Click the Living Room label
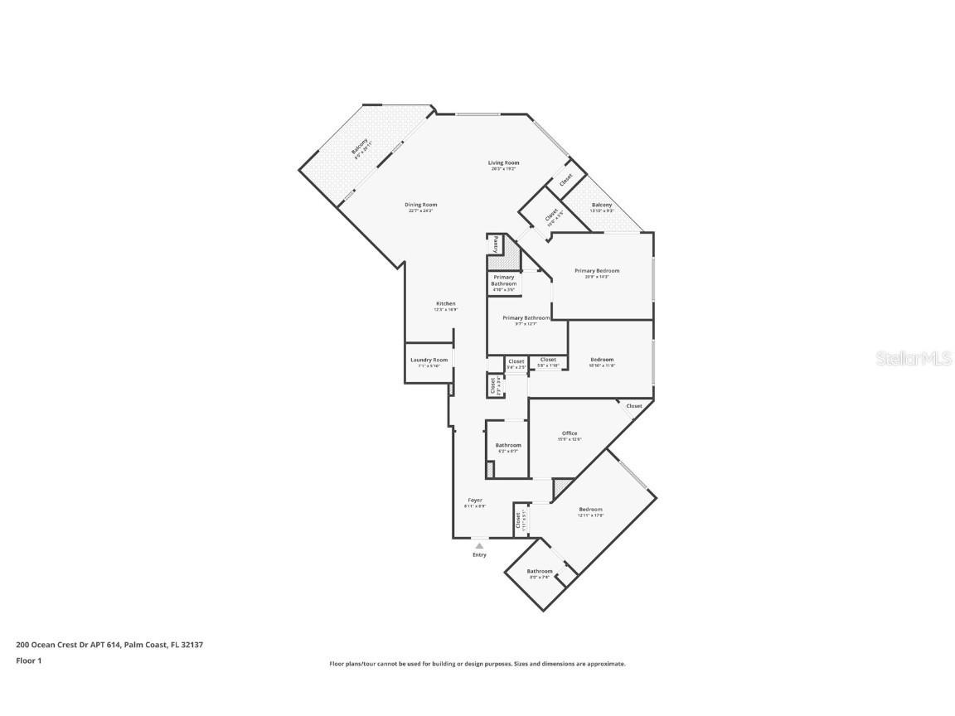point(503,162)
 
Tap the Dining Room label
point(420,205)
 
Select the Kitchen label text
point(446,304)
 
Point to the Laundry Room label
point(429,360)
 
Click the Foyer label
point(475,500)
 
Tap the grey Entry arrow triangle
point(479,545)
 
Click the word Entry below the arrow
point(479,554)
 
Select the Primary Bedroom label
point(597,271)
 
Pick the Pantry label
point(496,244)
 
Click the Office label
point(570,433)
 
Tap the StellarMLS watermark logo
point(909,358)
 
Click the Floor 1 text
point(28,660)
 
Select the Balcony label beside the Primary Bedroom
point(602,205)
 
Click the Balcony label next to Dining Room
point(360,149)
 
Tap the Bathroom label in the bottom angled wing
point(539,571)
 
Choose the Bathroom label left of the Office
point(508,445)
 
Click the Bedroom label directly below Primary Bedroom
point(601,360)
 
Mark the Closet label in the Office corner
point(634,406)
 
